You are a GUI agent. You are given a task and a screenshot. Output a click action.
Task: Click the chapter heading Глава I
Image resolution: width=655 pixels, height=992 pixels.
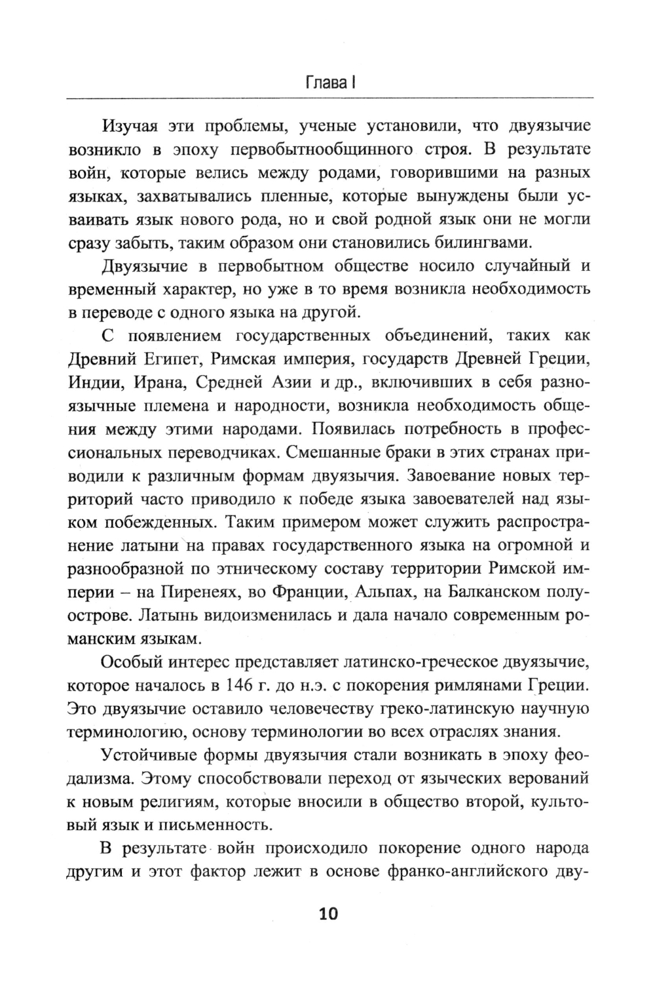[x=330, y=84]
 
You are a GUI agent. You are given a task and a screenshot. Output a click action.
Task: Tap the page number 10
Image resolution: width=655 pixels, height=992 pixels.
[x=327, y=913]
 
